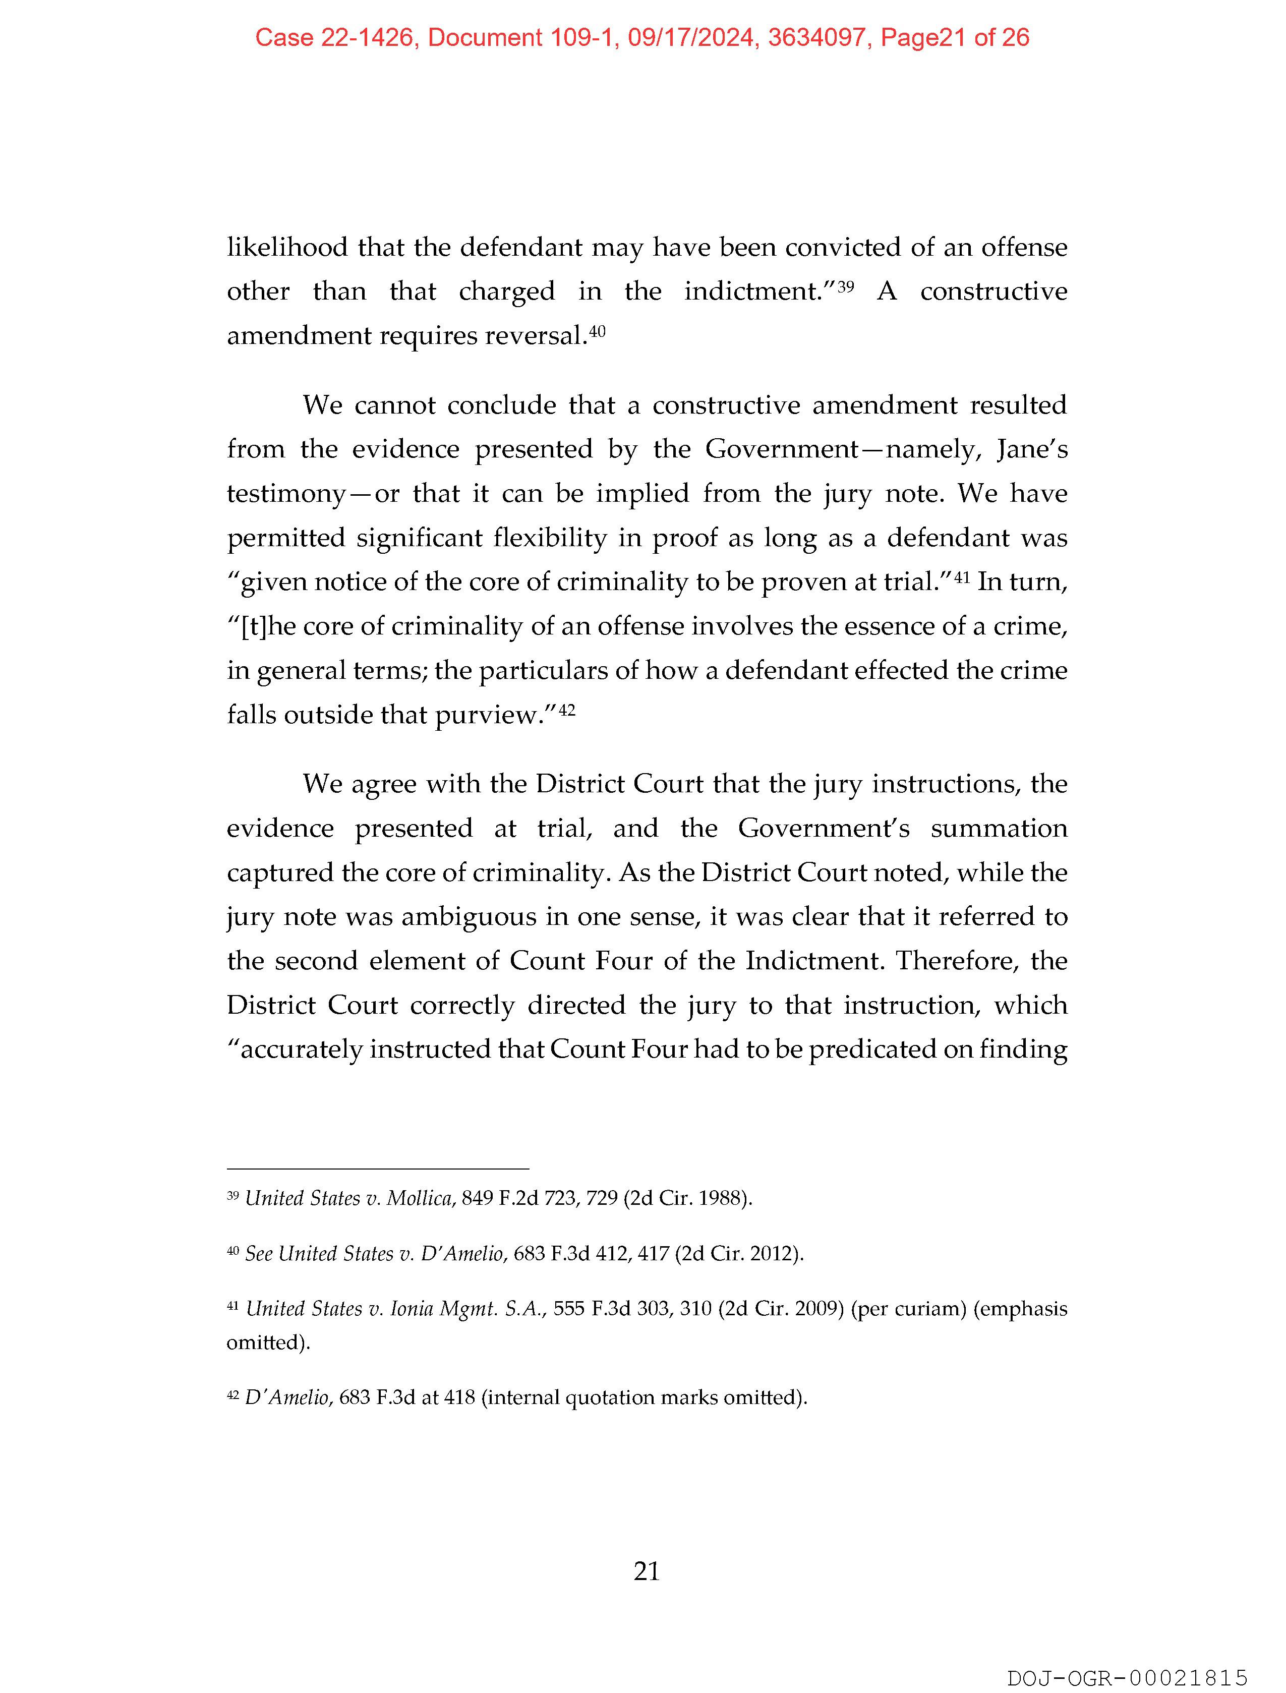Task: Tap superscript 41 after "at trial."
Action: (962, 576)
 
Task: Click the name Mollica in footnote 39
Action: (420, 1198)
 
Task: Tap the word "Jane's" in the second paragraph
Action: (1032, 449)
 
